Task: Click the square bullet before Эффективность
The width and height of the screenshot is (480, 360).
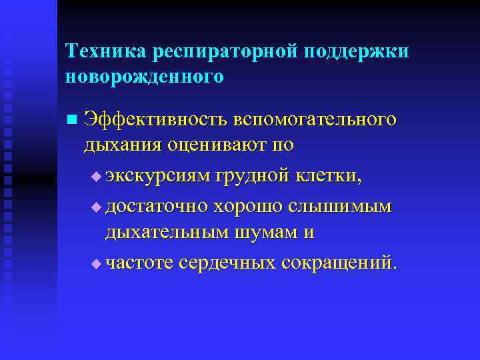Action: (x=71, y=120)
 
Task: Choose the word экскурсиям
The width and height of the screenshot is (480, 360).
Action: (x=157, y=175)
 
